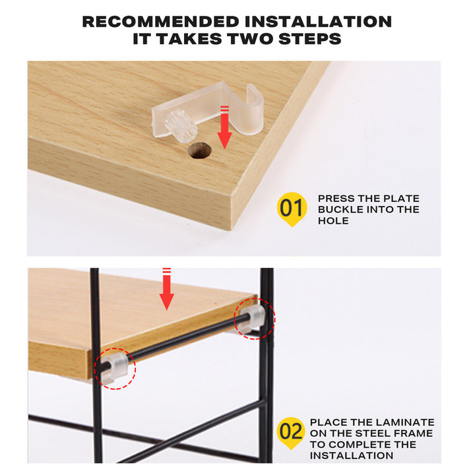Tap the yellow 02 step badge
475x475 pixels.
point(291,433)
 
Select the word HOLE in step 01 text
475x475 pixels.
point(334,221)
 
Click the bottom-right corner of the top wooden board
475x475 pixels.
point(232,228)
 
